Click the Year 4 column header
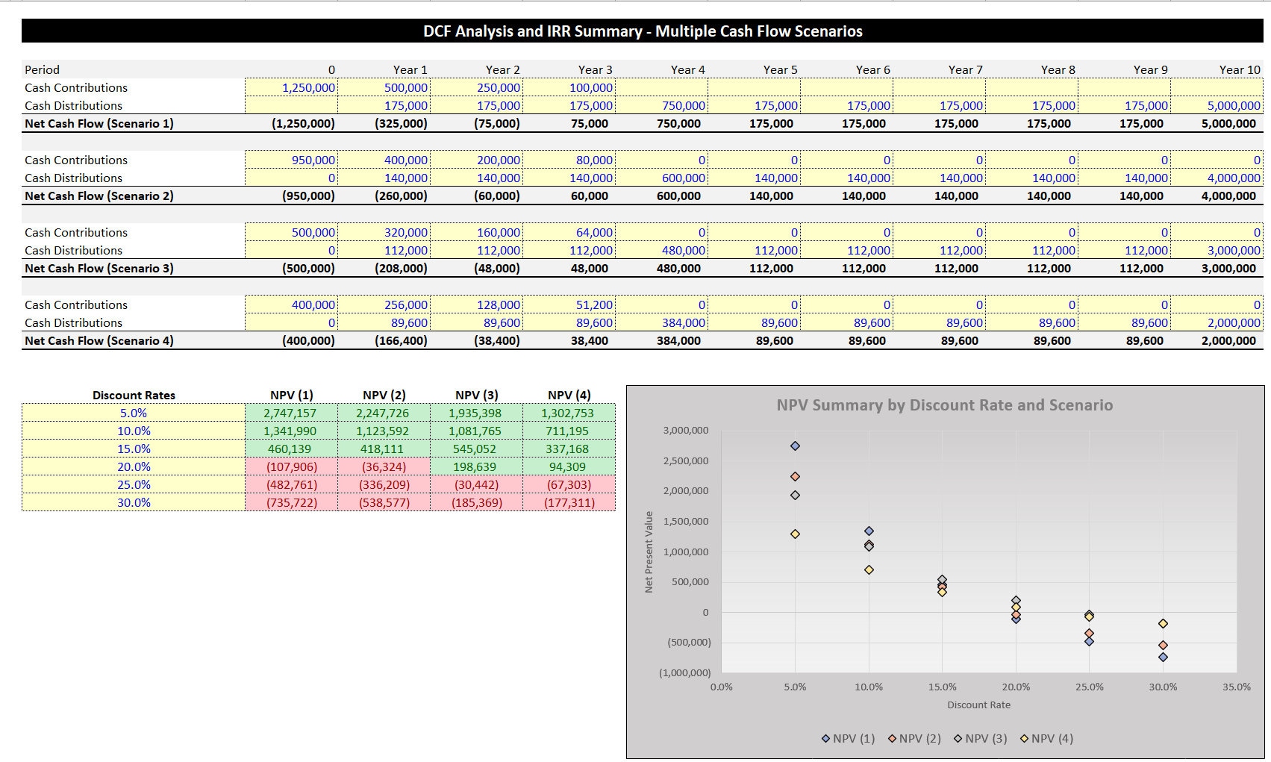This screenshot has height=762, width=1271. click(x=687, y=70)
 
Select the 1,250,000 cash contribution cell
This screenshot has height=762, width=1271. click(x=291, y=87)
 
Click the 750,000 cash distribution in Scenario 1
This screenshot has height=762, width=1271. click(x=661, y=105)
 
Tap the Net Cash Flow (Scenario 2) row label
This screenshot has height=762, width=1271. click(x=99, y=196)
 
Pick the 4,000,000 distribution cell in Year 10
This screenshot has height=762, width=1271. click(x=1217, y=178)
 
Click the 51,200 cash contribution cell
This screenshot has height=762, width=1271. click(x=569, y=305)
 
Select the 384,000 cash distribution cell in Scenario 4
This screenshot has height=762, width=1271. click(x=661, y=322)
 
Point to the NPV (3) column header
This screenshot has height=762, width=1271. click(x=477, y=395)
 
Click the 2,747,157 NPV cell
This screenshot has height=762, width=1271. click(x=291, y=413)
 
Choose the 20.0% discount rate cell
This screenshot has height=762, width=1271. click(x=134, y=466)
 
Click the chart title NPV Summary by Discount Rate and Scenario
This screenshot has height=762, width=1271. click(x=944, y=405)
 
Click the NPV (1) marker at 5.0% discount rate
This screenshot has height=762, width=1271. click(x=795, y=446)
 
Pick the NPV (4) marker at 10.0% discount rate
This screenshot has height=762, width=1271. click(x=869, y=569)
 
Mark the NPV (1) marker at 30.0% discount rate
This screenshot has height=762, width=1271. click(x=1164, y=657)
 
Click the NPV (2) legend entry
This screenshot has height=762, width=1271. click(x=914, y=738)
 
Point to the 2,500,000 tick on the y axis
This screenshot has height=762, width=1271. click(x=685, y=460)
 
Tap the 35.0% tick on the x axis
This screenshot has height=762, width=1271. click(x=1237, y=687)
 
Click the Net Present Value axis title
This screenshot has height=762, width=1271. click(x=649, y=552)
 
